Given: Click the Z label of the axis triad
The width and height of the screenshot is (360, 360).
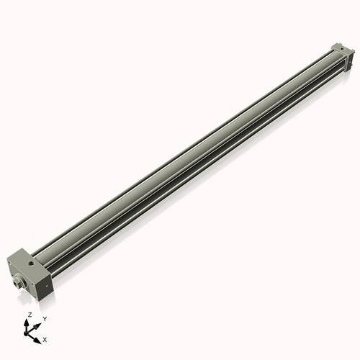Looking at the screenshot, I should click(x=30, y=315).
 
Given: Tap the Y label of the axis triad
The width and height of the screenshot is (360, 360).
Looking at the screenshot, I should click(x=45, y=318).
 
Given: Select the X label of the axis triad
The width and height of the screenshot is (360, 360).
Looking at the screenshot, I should click(x=45, y=338).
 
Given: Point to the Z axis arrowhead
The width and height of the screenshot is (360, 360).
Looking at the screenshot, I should click(x=30, y=322).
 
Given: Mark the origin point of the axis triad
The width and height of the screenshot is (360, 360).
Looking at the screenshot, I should click(x=30, y=331).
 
